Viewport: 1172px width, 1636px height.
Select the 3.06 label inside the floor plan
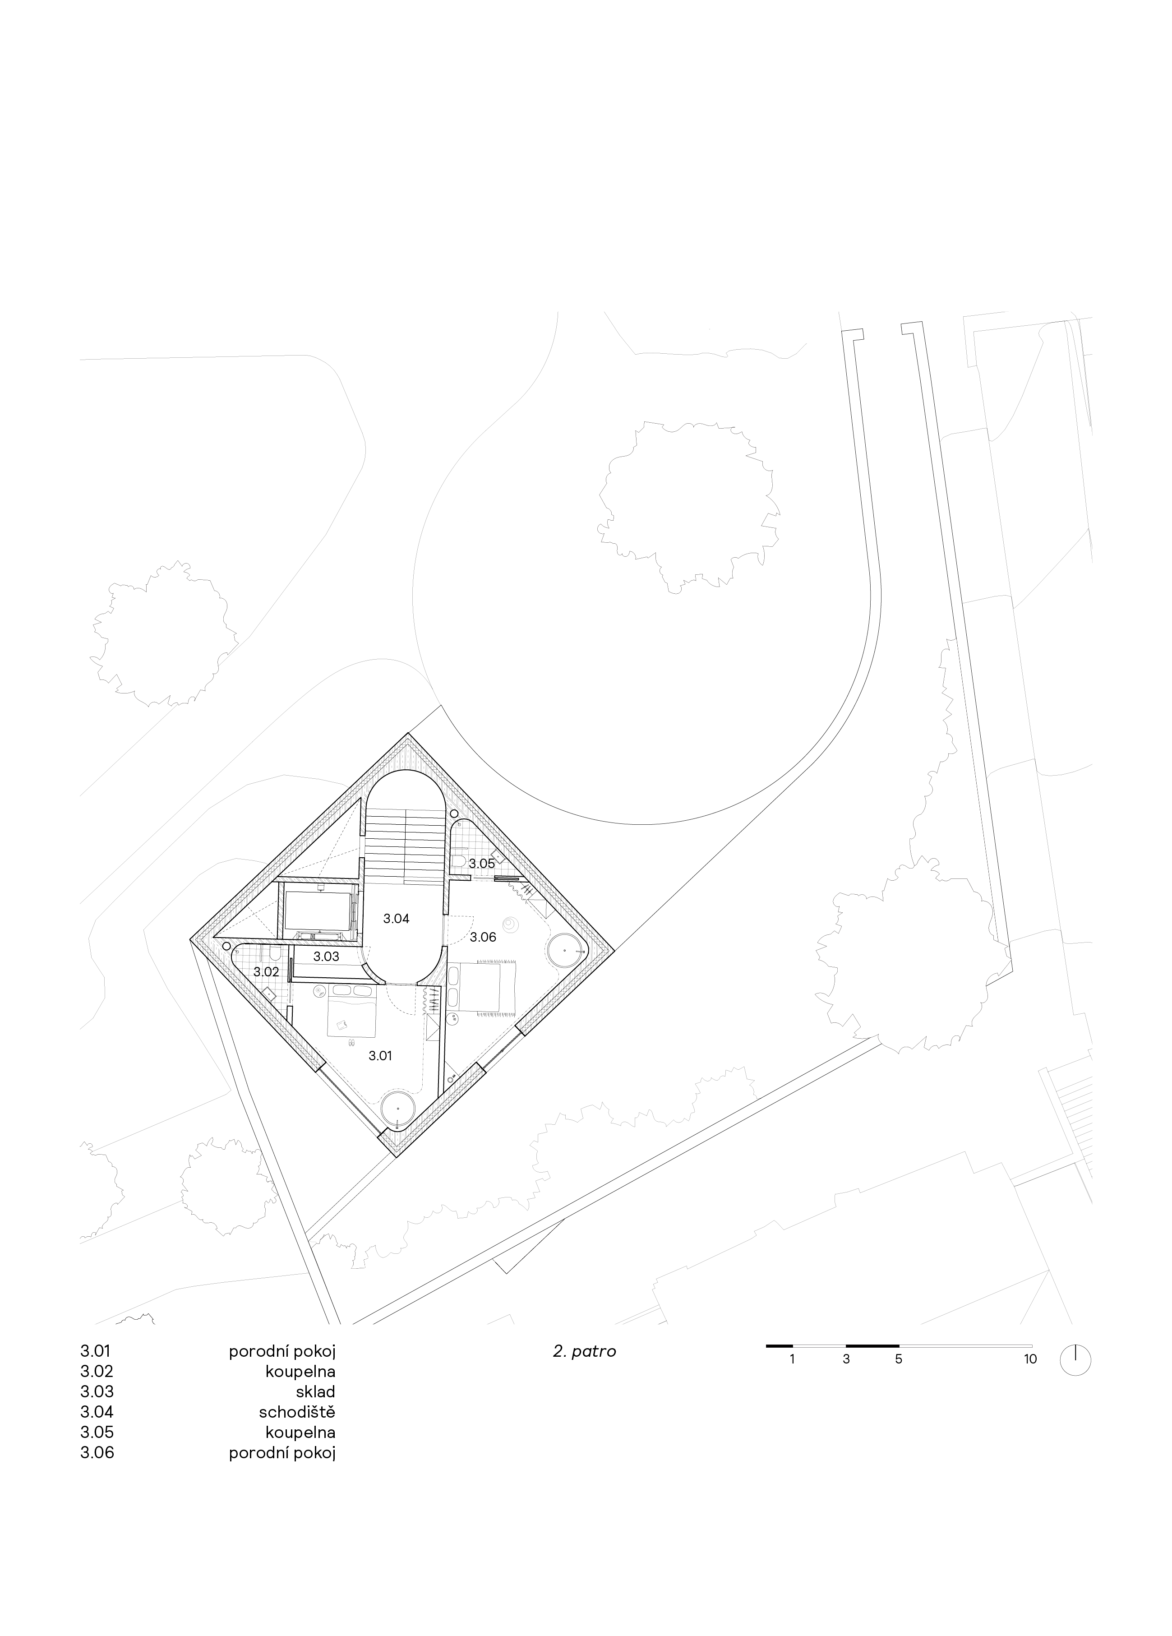pos(483,937)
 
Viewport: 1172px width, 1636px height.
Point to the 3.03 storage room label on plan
pos(326,957)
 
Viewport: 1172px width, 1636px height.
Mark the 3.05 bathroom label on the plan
pos(482,863)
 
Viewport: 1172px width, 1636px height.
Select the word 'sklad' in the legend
pos(316,1391)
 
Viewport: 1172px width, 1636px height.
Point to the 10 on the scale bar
pos(1030,1359)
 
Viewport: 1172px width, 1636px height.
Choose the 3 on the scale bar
pos(846,1359)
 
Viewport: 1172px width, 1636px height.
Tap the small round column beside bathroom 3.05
pos(454,813)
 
